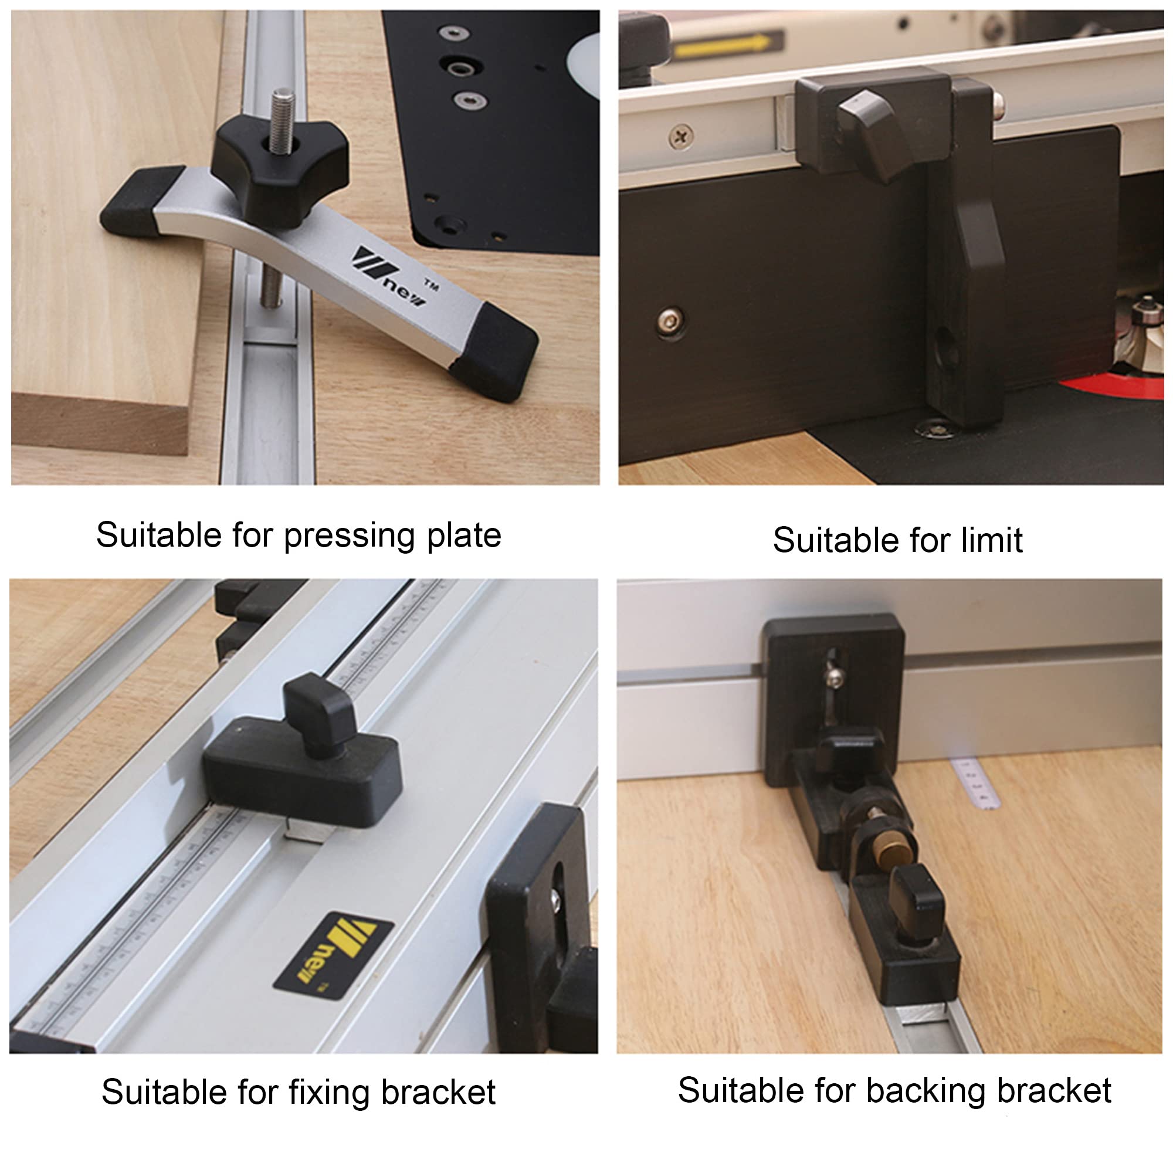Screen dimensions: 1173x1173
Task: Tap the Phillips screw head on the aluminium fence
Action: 681,136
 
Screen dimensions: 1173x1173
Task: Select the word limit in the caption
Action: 991,540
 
